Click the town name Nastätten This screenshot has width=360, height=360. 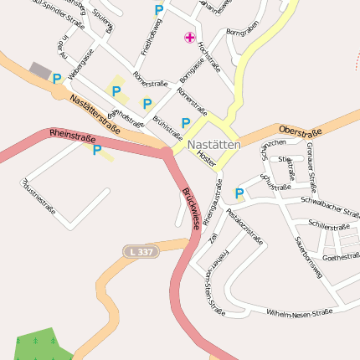pyautogui.click(x=214, y=145)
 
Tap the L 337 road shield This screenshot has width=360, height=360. pyautogui.click(x=140, y=251)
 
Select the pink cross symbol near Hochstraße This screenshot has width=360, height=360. pyautogui.click(x=190, y=37)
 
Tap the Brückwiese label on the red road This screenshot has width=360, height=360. pyautogui.click(x=191, y=208)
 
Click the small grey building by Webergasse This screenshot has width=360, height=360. pyautogui.click(x=39, y=69)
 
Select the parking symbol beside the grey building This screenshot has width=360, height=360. pyautogui.click(x=56, y=80)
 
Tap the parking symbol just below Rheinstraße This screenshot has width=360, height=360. pyautogui.click(x=96, y=151)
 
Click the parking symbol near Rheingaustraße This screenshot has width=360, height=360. pyautogui.click(x=239, y=194)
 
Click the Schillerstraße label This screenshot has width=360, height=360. pyautogui.click(x=328, y=226)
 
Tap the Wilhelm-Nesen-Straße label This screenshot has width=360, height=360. pyautogui.click(x=299, y=313)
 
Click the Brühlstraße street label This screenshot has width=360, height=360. pyautogui.click(x=167, y=128)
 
